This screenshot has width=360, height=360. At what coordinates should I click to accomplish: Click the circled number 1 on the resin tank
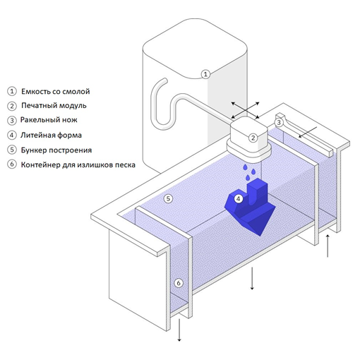tap(205, 74)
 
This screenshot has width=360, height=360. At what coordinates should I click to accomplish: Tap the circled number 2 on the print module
tap(253, 138)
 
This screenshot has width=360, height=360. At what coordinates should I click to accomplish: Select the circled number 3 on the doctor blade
tap(279, 122)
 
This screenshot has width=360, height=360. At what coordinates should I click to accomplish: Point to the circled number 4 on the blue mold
tap(239, 199)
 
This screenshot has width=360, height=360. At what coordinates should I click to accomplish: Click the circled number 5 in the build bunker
tap(168, 199)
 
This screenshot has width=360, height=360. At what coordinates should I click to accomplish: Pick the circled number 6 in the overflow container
tap(179, 283)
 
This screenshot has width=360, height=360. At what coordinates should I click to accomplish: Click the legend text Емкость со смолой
tap(56, 91)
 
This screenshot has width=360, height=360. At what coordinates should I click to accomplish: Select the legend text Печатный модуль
tap(54, 105)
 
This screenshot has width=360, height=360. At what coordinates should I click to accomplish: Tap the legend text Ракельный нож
tap(49, 120)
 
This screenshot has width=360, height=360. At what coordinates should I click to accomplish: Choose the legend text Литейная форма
tap(51, 135)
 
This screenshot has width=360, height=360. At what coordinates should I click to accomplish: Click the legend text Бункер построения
tap(56, 150)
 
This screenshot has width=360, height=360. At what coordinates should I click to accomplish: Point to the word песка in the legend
tap(125, 165)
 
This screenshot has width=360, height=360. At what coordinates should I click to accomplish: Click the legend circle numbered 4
tap(12, 135)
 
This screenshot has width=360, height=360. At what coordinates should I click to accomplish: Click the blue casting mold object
tap(250, 207)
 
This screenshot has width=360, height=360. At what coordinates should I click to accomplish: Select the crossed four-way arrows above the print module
tap(245, 110)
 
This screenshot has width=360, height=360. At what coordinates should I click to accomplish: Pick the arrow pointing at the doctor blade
tap(308, 132)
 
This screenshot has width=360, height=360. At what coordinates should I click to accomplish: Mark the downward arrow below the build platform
tap(252, 278)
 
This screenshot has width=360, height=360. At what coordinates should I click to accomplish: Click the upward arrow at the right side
tap(328, 246)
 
